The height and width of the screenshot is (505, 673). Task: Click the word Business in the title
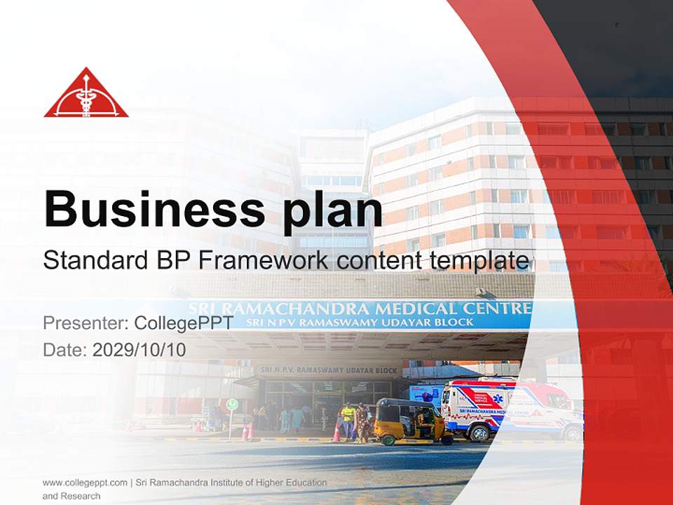tap(153, 208)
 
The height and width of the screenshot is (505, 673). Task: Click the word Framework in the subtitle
tap(261, 260)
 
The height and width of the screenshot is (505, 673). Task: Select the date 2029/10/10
tap(140, 350)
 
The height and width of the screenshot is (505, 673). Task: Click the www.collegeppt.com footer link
tap(85, 483)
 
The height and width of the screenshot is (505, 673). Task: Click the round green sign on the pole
tap(232, 405)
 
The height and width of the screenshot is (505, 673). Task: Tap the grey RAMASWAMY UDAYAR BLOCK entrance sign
tap(329, 370)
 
